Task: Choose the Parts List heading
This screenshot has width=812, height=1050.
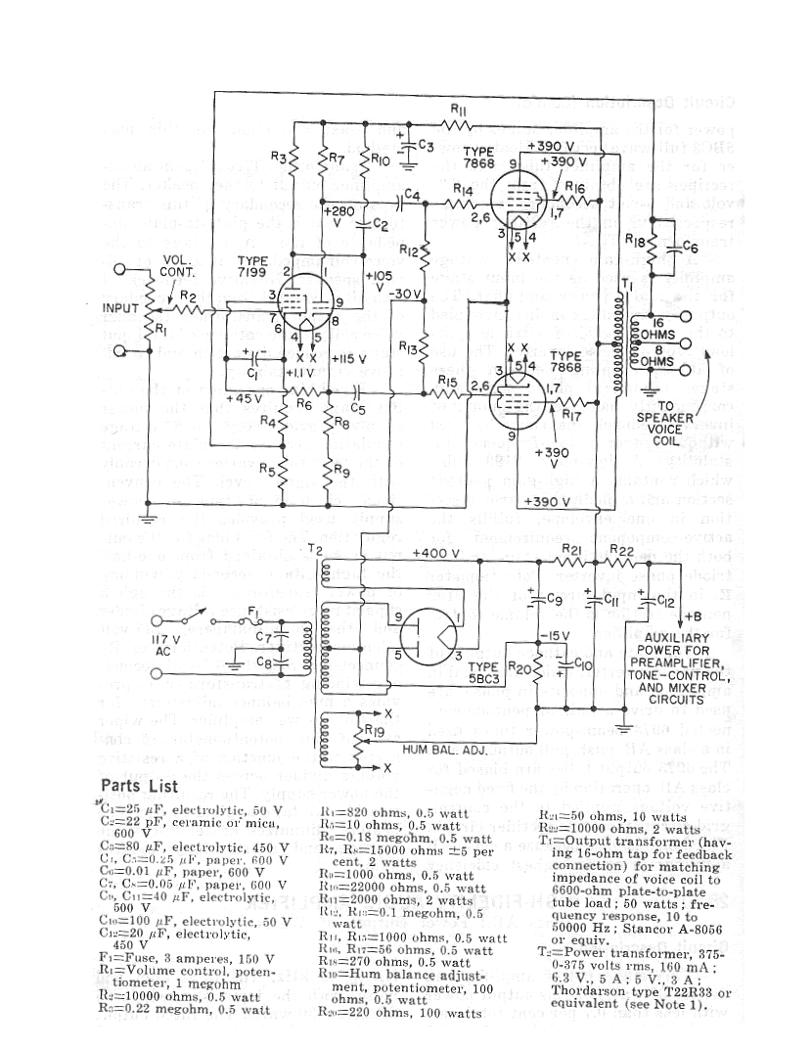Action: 144,786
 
